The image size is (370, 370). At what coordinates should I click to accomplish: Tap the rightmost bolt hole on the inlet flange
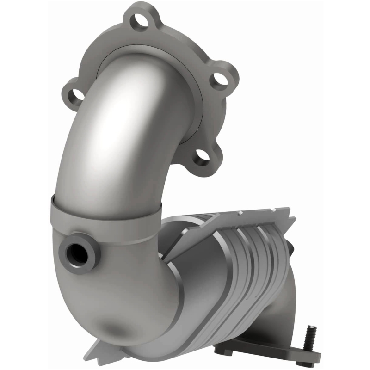[221, 79]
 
